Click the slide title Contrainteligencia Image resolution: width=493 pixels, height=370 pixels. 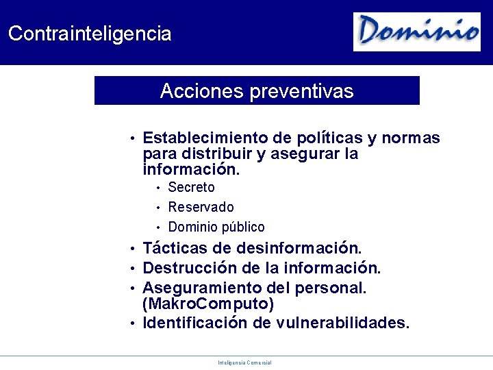point(90,34)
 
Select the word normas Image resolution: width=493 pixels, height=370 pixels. point(411,138)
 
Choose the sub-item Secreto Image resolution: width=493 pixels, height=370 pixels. point(192,187)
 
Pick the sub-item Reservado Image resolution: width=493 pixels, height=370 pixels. point(201,207)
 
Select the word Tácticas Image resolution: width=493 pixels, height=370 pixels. point(177,247)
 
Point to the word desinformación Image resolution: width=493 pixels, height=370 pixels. point(299,247)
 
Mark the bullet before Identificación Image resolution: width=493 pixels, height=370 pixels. point(132,323)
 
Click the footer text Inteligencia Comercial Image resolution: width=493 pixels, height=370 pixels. point(244,362)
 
